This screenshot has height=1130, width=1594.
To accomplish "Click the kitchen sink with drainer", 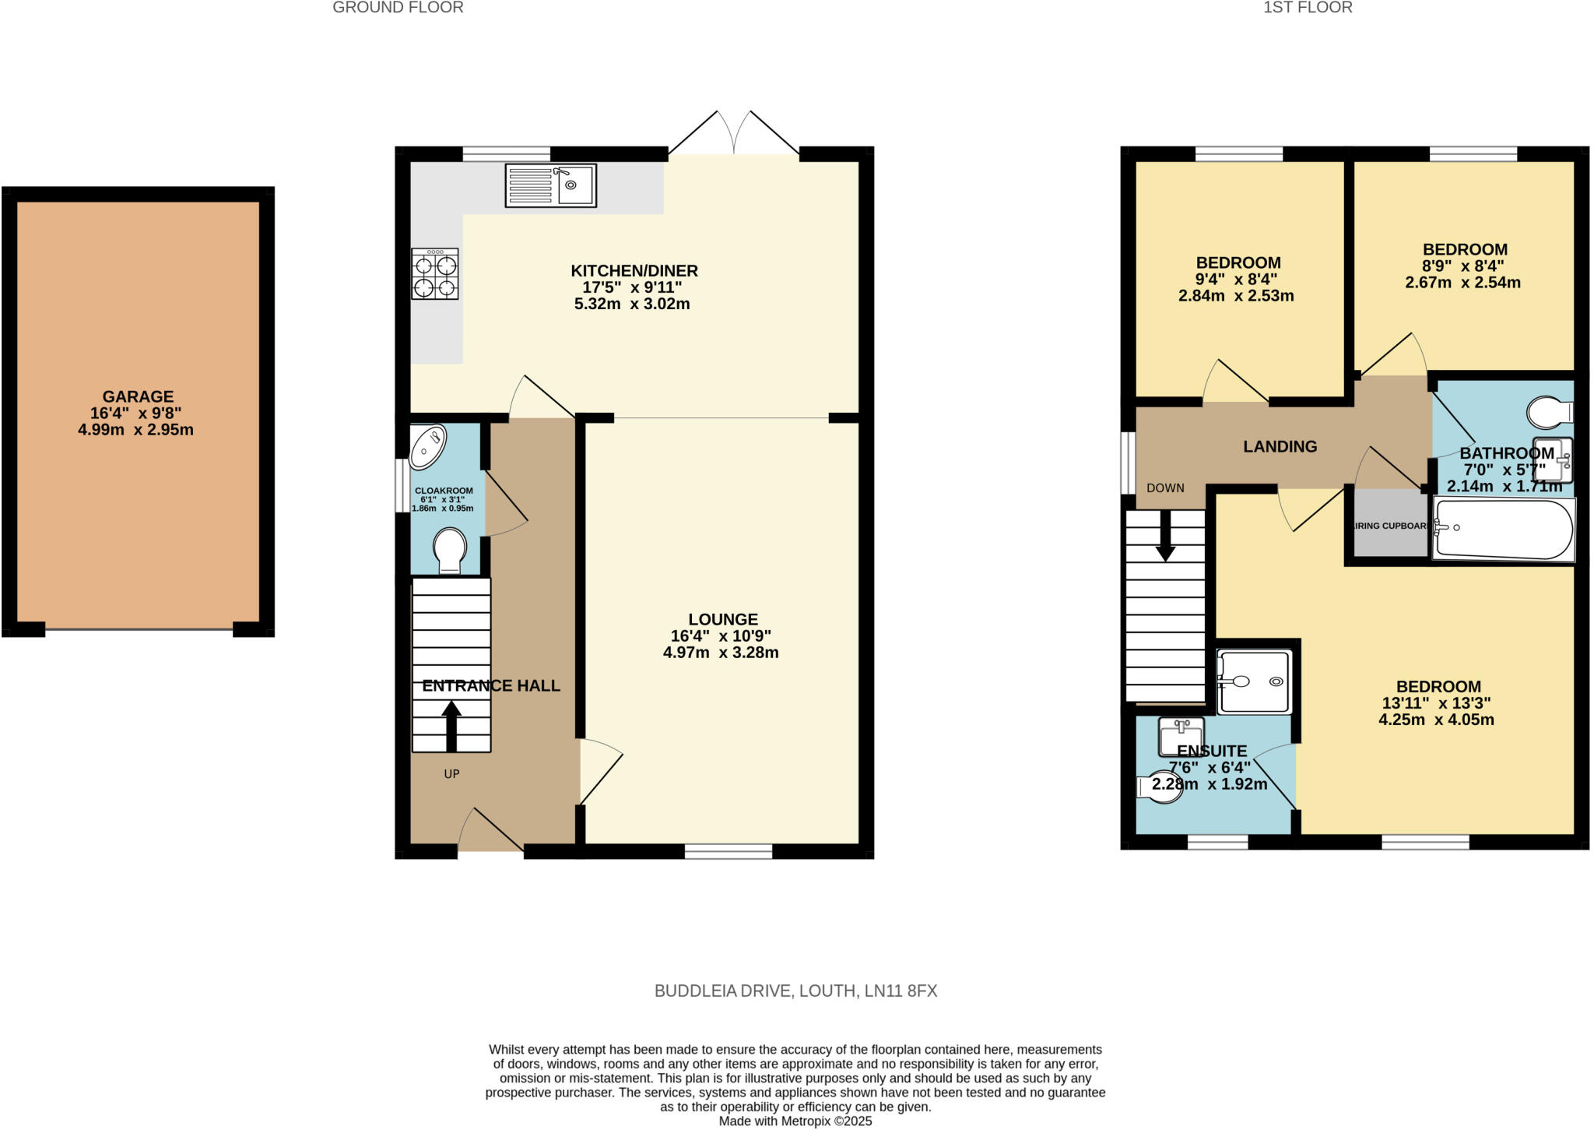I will (x=550, y=185).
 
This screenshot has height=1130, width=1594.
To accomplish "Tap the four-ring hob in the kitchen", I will (x=435, y=274).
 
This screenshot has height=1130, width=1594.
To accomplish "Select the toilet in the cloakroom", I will (x=450, y=549).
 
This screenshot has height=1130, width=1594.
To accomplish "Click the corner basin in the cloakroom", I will (x=427, y=446).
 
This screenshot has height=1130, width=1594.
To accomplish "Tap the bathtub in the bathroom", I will (x=1504, y=529).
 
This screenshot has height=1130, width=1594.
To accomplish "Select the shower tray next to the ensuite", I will (x=1254, y=681).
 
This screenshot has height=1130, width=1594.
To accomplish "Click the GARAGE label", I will (x=138, y=396).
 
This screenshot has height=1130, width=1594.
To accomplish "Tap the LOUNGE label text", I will (x=722, y=619).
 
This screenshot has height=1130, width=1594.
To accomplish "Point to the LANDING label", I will (x=1280, y=446).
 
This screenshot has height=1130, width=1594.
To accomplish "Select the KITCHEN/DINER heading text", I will (x=634, y=271).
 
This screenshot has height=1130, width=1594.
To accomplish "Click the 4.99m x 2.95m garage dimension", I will (x=135, y=430).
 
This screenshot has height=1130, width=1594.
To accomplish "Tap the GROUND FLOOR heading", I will (x=398, y=8).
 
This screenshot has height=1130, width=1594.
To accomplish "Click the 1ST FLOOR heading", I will (x=1308, y=8).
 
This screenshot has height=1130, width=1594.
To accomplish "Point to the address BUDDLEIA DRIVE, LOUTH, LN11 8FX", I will (x=795, y=991).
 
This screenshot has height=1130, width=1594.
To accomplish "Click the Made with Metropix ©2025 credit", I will (x=795, y=1121).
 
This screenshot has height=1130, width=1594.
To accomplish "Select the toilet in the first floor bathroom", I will (x=1549, y=413).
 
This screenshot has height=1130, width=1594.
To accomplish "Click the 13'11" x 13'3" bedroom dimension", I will (x=1436, y=703).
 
